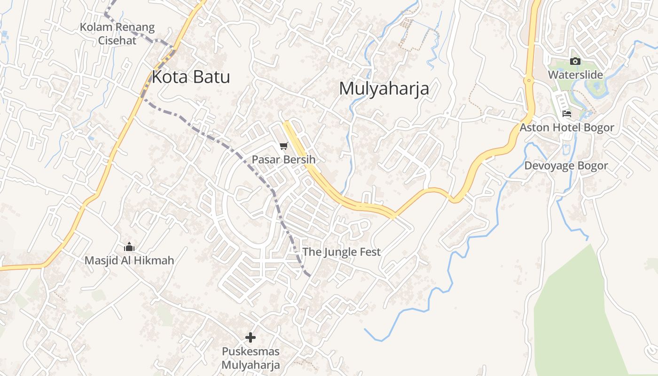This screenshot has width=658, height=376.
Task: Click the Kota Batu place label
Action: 191,77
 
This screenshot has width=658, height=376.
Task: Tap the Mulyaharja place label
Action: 384,88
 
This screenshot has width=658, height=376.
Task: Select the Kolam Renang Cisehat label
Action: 117,34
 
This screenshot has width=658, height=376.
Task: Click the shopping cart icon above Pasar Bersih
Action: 283,147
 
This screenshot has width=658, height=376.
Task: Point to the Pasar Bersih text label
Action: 283,160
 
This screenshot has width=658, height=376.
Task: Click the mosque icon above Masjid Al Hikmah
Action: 129,247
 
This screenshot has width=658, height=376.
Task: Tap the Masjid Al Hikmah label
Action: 129,260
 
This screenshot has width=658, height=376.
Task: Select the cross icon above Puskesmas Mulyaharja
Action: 251,337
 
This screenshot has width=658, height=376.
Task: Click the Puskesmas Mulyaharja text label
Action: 251,358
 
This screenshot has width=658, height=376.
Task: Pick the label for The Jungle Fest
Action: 341,252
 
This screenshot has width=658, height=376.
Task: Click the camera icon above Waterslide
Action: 575,61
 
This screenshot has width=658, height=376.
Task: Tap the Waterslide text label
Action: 575,75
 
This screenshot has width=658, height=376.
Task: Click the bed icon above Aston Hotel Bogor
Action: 567,114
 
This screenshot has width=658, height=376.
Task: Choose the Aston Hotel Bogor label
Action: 567,128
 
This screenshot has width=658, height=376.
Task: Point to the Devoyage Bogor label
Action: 566,166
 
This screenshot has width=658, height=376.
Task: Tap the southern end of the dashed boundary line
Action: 309,275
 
